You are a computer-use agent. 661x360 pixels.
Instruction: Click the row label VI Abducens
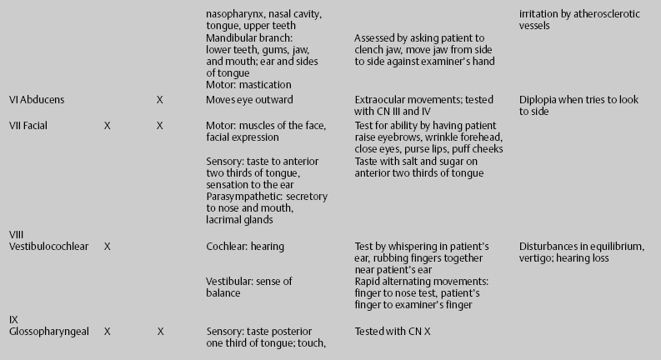click(x=37, y=100)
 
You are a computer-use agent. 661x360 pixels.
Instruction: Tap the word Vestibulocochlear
click(x=47, y=247)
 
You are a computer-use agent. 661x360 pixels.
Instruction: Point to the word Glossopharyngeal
click(x=46, y=332)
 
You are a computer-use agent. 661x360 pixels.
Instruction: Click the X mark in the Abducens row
click(x=159, y=100)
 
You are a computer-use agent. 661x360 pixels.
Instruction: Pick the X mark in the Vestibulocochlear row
click(x=107, y=247)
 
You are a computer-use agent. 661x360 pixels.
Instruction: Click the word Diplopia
click(x=538, y=100)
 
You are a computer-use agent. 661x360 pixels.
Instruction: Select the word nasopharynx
click(x=236, y=15)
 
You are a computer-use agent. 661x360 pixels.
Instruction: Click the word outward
click(x=273, y=100)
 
